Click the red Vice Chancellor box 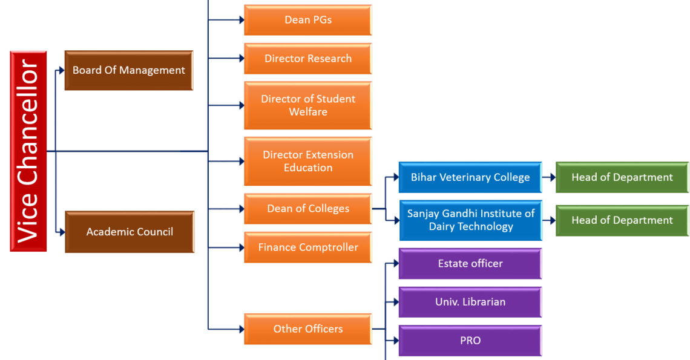pyautogui.click(x=28, y=151)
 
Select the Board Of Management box pyautogui.click(x=129, y=70)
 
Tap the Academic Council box pyautogui.click(x=130, y=232)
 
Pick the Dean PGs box pyautogui.click(x=307, y=20)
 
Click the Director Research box pyautogui.click(x=307, y=59)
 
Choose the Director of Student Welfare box pyautogui.click(x=307, y=105)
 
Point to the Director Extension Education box pyautogui.click(x=307, y=161)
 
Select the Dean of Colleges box pyautogui.click(x=307, y=209)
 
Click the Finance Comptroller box pyautogui.click(x=307, y=247)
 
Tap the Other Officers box pyautogui.click(x=307, y=329)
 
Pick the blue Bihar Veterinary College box pyautogui.click(x=470, y=177)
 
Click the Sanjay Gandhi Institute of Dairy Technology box pyautogui.click(x=470, y=220)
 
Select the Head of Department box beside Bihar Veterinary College pyautogui.click(x=622, y=177)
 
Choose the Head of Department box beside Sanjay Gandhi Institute pyautogui.click(x=622, y=220)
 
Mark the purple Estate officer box pyautogui.click(x=470, y=263)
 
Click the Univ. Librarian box pyautogui.click(x=470, y=302)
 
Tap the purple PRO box pyautogui.click(x=470, y=341)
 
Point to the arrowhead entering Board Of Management pyautogui.click(x=61, y=71)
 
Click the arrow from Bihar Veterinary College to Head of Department pyautogui.click(x=549, y=178)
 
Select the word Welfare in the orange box pyautogui.click(x=308, y=112)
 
